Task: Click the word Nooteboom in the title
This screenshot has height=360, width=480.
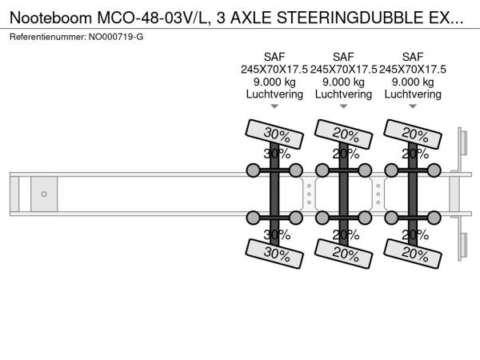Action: click(51, 18)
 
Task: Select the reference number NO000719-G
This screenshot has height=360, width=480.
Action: click(116, 37)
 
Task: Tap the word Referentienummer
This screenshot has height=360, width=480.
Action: click(48, 37)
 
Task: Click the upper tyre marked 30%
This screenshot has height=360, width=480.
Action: click(274, 134)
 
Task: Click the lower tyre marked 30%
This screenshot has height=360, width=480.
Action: click(274, 254)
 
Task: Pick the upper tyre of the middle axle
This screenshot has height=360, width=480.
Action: click(343, 134)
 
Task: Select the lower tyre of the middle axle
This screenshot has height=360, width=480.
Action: click(343, 254)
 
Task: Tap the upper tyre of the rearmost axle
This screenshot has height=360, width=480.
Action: click(413, 134)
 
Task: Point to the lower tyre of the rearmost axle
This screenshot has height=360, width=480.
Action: click(413, 254)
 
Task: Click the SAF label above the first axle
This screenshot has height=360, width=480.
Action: click(274, 57)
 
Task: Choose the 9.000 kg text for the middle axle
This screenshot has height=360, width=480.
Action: click(343, 82)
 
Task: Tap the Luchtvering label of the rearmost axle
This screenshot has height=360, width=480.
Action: click(413, 94)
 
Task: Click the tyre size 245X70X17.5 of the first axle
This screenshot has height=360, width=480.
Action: click(274, 70)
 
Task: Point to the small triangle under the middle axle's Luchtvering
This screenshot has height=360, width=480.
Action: click(343, 106)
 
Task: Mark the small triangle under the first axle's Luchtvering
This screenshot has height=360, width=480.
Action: click(274, 106)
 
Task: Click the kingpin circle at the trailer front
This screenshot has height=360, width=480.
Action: click(44, 194)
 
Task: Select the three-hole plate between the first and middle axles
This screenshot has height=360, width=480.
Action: click(309, 194)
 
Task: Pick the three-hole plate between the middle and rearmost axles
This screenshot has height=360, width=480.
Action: click(378, 194)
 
